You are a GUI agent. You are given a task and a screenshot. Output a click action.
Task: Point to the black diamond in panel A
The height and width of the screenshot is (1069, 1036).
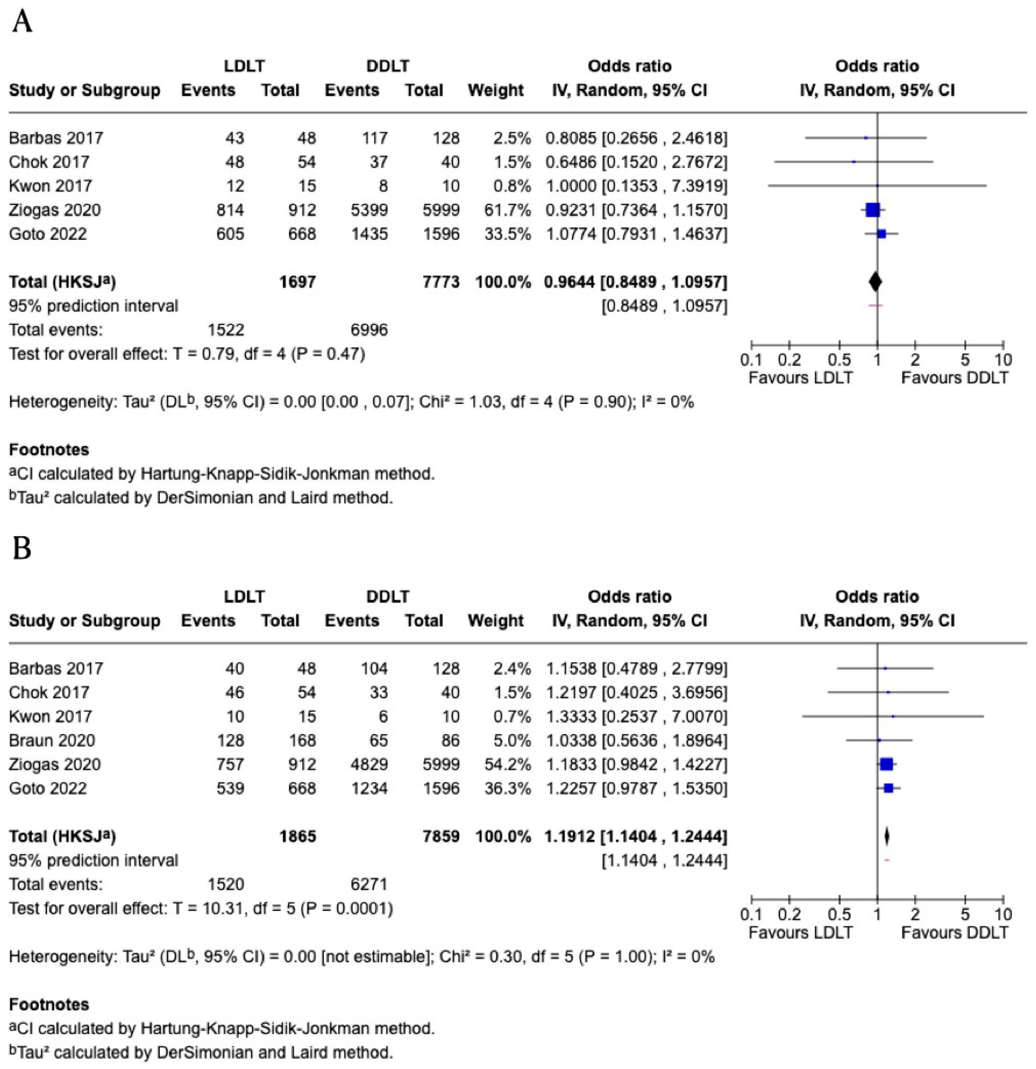(875, 282)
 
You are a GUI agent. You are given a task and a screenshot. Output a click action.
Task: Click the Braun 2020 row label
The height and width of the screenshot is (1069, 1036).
(52, 740)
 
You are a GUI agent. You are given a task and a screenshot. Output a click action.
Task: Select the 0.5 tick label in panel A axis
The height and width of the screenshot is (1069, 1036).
(839, 360)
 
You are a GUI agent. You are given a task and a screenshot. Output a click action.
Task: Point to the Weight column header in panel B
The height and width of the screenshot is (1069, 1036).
(495, 621)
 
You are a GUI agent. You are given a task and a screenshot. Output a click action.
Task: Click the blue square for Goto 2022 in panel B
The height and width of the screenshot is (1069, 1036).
(888, 788)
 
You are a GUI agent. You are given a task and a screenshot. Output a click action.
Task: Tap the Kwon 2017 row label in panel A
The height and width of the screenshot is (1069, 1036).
(50, 186)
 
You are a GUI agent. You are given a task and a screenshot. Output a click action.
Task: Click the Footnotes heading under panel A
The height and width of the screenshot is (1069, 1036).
(49, 450)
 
